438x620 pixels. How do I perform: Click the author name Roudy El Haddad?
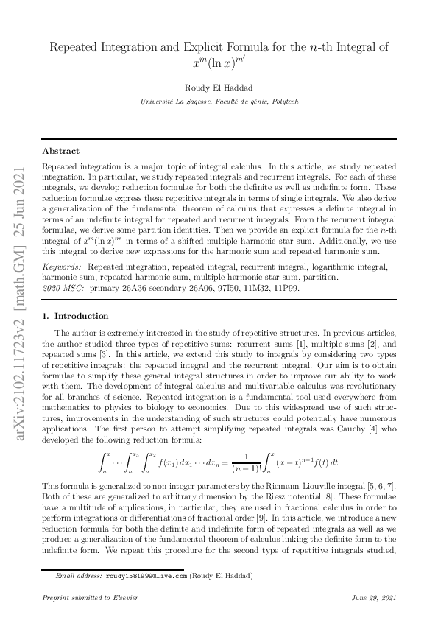(x=219, y=87)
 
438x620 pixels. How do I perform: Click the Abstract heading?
(x=60, y=151)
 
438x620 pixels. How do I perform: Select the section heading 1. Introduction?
(x=75, y=316)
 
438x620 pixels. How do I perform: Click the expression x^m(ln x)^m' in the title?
(x=219, y=63)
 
